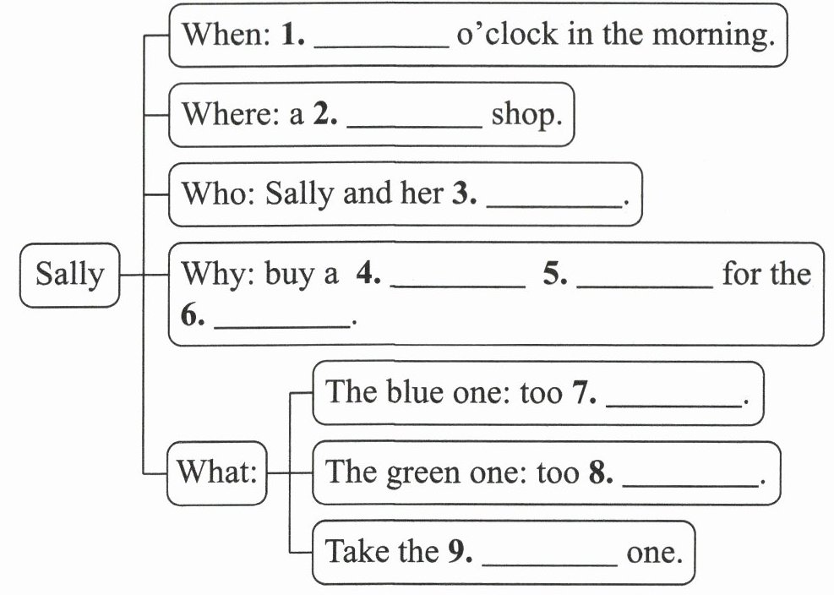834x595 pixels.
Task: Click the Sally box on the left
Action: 70,275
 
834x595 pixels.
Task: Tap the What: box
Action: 217,472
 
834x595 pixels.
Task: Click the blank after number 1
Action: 381,42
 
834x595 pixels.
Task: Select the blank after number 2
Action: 414,120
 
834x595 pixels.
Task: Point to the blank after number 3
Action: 554,200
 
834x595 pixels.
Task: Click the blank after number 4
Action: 459,281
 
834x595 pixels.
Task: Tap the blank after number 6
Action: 282,321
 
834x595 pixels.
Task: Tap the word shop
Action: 526,115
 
